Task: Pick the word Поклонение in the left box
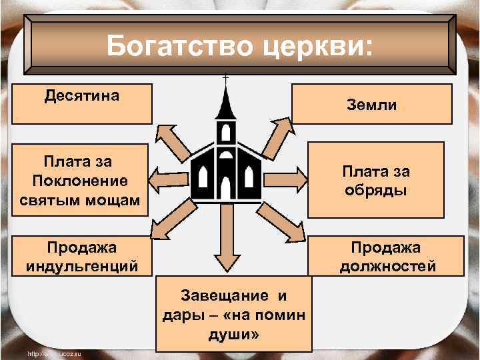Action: click(79, 181)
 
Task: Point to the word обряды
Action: click(377, 191)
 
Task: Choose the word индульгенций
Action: click(82, 267)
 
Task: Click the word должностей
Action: click(387, 267)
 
